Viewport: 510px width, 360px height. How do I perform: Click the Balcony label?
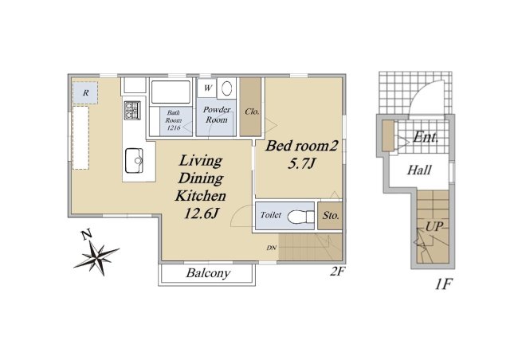(x=208, y=273)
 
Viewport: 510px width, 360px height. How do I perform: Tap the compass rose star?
(x=97, y=257)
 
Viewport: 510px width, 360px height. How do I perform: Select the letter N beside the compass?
(x=86, y=234)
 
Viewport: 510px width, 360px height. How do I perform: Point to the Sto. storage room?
(x=330, y=216)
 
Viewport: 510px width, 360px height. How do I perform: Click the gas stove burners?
(x=132, y=110)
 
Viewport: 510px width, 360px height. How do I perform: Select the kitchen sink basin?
(x=135, y=161)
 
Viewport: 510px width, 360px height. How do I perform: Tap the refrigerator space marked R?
(x=85, y=92)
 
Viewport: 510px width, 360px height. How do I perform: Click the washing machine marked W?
(x=207, y=88)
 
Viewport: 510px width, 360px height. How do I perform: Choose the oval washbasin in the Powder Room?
(x=226, y=88)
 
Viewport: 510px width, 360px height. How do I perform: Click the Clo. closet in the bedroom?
(x=250, y=107)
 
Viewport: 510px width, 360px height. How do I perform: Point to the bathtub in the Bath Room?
(x=171, y=92)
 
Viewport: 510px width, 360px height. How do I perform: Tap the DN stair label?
(x=271, y=248)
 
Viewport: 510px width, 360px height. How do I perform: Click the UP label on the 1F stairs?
(x=433, y=227)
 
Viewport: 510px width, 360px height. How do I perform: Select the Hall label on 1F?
(x=419, y=170)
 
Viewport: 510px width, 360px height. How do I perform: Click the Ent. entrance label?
(x=426, y=138)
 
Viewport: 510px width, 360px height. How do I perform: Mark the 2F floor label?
(x=337, y=271)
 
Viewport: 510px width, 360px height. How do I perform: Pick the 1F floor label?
(x=443, y=284)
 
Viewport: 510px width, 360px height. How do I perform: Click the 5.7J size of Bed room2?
(x=301, y=163)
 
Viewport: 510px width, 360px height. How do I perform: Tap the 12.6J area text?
(x=201, y=213)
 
